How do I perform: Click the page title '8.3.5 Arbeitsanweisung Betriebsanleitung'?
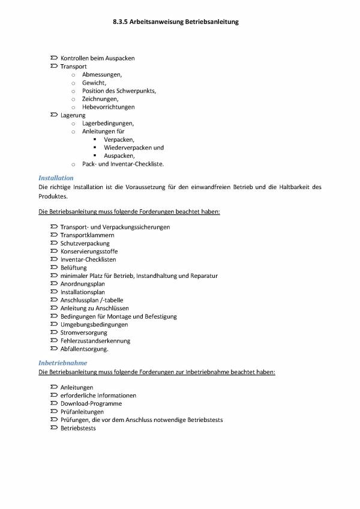pyautogui.click(x=175, y=22)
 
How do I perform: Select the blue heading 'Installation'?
pyautogui.click(x=56, y=178)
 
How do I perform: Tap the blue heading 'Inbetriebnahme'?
pyautogui.click(x=63, y=363)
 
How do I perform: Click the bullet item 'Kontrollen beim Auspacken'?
pyautogui.click(x=97, y=58)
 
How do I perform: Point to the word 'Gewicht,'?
pyautogui.click(x=94, y=82)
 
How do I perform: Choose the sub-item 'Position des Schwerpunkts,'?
pyautogui.click(x=119, y=91)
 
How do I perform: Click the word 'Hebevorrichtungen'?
pyautogui.click(x=108, y=107)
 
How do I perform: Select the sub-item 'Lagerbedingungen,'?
pyautogui.click(x=108, y=123)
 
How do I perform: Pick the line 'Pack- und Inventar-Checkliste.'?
pyautogui.click(x=123, y=163)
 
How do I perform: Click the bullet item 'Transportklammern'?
pyautogui.click(x=87, y=235)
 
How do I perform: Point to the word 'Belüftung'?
pyautogui.click(x=74, y=268)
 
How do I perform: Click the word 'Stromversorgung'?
pyautogui.click(x=83, y=333)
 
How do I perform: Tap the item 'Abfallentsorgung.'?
pyautogui.click(x=85, y=349)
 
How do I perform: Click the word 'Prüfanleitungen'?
pyautogui.click(x=82, y=412)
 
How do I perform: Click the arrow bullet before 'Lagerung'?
pyautogui.click(x=55, y=115)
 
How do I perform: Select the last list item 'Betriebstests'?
pyautogui.click(x=78, y=428)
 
